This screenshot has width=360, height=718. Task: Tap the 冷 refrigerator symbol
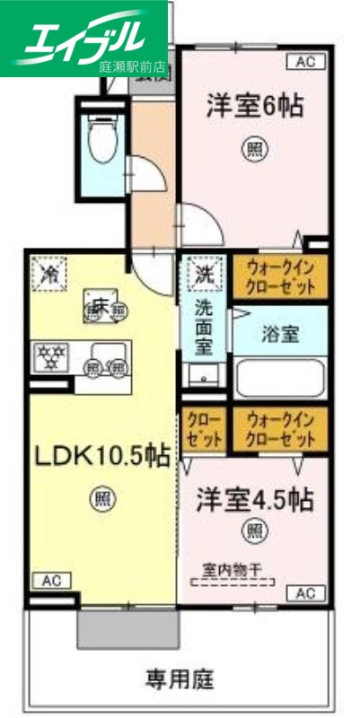[x=46, y=272]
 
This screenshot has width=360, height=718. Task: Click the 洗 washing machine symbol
[x=204, y=272]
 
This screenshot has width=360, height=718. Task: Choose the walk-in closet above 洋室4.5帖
[x=280, y=429]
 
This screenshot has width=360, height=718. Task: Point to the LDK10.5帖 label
[x=102, y=457]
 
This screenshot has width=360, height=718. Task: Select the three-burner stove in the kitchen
[x=51, y=360]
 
